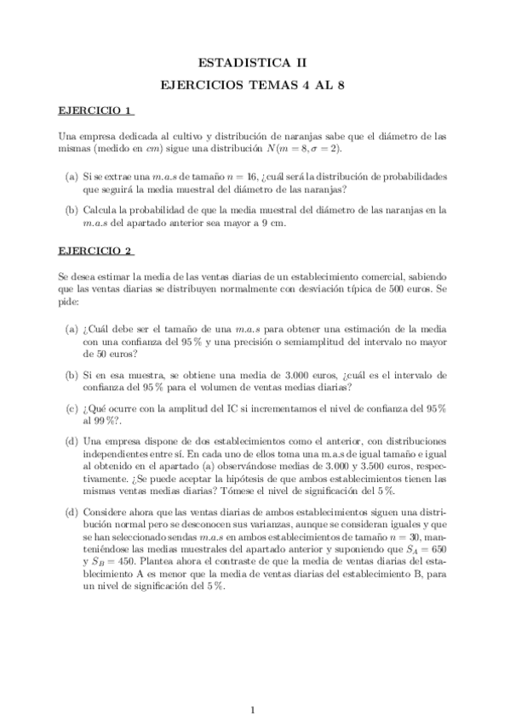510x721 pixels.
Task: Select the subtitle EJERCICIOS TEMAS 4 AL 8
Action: tap(255, 85)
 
